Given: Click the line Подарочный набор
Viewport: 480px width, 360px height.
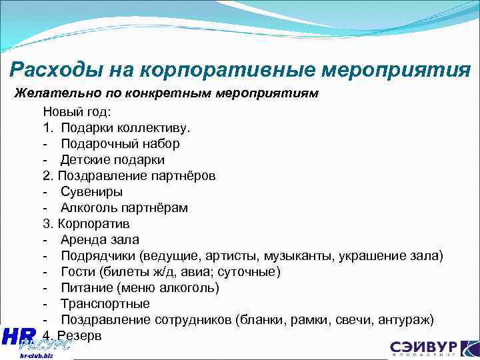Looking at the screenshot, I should [120, 144].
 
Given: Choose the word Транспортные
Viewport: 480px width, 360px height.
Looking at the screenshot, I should [105, 304].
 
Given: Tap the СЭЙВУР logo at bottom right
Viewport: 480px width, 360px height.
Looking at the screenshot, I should [433, 349].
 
